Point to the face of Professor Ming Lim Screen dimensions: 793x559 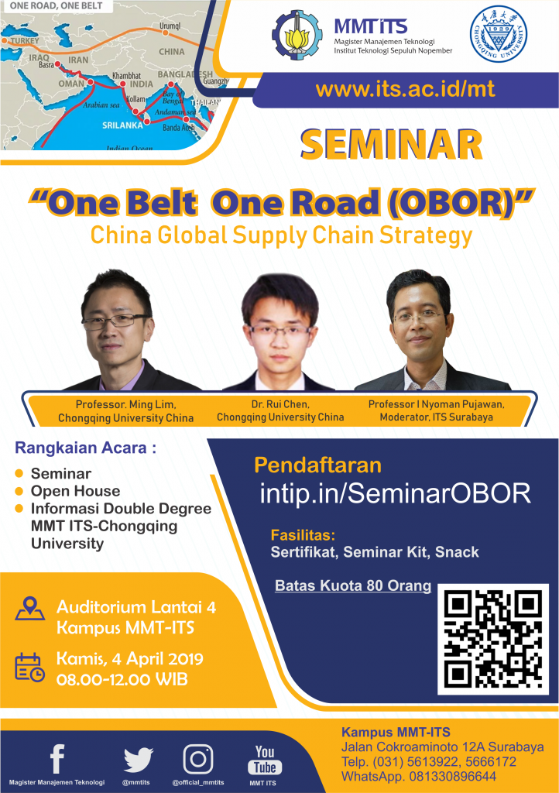pyautogui.click(x=115, y=325)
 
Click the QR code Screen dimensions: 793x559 pyautogui.click(x=492, y=639)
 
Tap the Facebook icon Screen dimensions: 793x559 pyautogui.click(x=57, y=759)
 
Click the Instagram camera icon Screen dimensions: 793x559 pyautogui.click(x=198, y=759)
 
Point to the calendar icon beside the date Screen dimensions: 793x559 pyautogui.click(x=29, y=667)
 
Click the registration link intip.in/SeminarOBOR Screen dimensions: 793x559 pyautogui.click(x=395, y=493)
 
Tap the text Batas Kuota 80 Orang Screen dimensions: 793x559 pyautogui.click(x=353, y=585)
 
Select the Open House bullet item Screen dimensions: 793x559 pyautogui.click(x=75, y=491)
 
